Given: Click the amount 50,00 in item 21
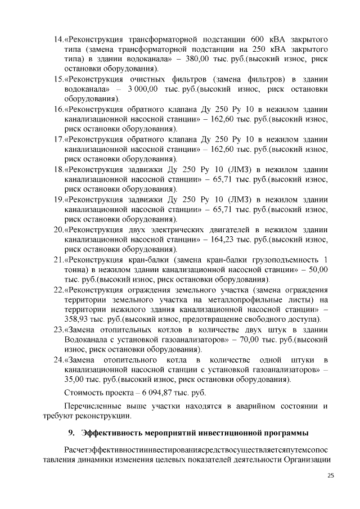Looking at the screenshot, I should [x=317, y=270].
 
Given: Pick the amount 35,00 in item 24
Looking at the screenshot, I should [x=76, y=380].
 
